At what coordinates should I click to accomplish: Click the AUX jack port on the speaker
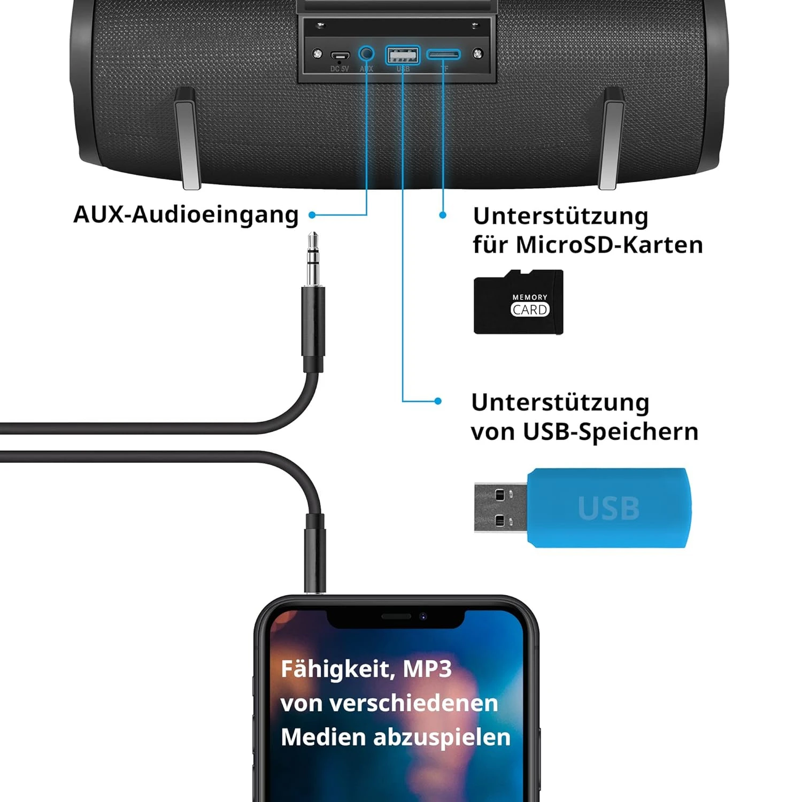pyautogui.click(x=366, y=53)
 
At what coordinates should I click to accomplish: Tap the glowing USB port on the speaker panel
pyautogui.click(x=403, y=55)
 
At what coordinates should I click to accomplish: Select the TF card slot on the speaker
pyautogui.click(x=443, y=55)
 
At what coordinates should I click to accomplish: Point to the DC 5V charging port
pyautogui.click(x=340, y=55)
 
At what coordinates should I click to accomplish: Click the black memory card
pyautogui.click(x=518, y=303)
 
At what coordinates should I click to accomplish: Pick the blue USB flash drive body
pyautogui.click(x=608, y=508)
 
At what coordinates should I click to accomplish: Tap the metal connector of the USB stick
pyautogui.click(x=500, y=508)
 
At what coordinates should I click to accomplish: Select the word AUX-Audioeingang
pyautogui.click(x=186, y=214)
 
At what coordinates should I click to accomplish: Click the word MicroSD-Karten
pyautogui.click(x=609, y=245)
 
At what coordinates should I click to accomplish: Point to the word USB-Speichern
pyautogui.click(x=610, y=431)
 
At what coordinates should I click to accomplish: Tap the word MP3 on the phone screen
pyautogui.click(x=427, y=669)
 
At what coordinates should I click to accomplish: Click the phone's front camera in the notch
pyautogui.click(x=423, y=616)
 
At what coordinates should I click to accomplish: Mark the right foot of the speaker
pyautogui.click(x=611, y=139)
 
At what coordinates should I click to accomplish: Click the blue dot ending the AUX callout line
pyautogui.click(x=312, y=215)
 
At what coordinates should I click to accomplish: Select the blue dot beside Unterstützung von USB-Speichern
pyautogui.click(x=438, y=401)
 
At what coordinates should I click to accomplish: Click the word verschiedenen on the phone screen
pyautogui.click(x=413, y=703)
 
